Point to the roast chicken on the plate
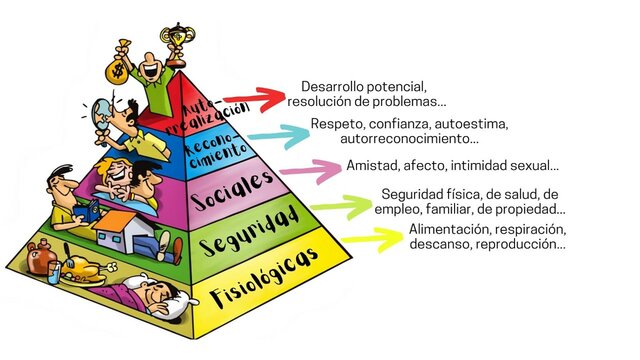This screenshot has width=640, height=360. [93, 269]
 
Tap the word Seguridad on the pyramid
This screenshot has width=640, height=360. [250, 228]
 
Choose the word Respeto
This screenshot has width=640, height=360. [336, 124]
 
